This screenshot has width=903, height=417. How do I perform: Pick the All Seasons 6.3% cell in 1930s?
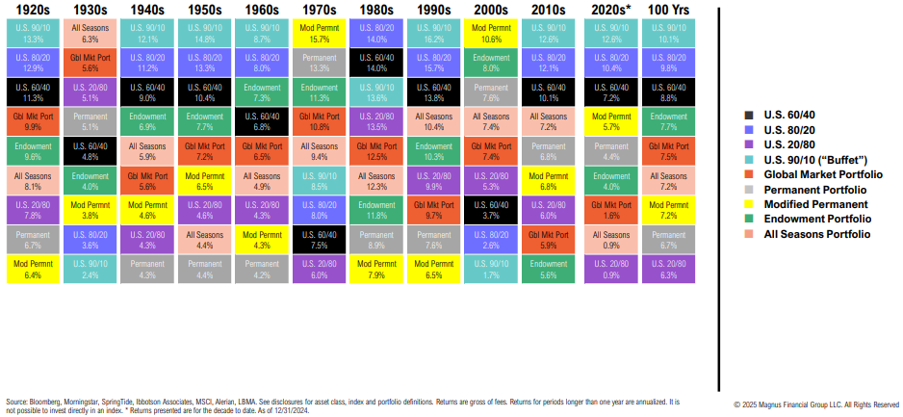coord(91,34)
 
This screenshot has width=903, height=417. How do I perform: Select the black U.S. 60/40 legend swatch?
coord(748,116)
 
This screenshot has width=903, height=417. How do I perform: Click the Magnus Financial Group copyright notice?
coord(816,404)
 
